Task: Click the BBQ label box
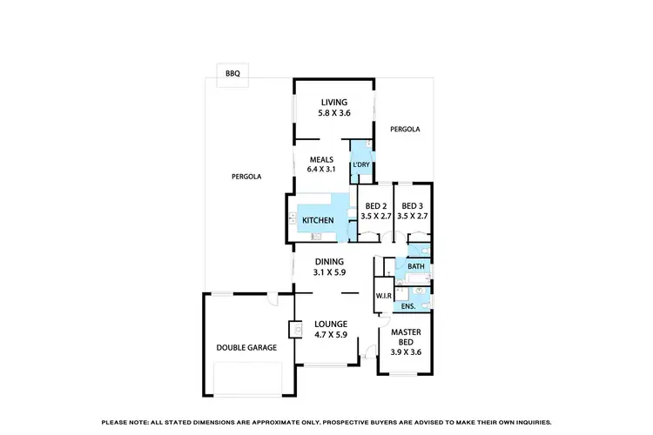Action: tap(232, 74)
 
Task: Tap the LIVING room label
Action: tap(334, 102)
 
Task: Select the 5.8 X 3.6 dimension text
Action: tap(334, 112)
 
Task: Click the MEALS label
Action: tap(321, 158)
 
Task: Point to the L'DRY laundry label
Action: tap(361, 164)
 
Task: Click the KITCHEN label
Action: tap(318, 221)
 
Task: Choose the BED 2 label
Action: tap(375, 205)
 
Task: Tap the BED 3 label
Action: tap(412, 205)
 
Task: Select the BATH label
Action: tap(416, 266)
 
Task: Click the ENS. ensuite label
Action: tap(408, 305)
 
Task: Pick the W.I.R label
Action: tap(384, 295)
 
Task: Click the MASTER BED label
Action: tap(405, 337)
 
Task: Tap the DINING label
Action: tap(330, 261)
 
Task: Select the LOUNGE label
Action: tap(330, 324)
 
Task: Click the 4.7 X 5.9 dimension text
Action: tap(330, 334)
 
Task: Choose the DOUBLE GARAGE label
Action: tap(246, 347)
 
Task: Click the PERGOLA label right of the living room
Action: tap(405, 129)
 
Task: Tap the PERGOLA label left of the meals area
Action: tap(246, 176)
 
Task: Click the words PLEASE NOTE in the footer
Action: tap(125, 421)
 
